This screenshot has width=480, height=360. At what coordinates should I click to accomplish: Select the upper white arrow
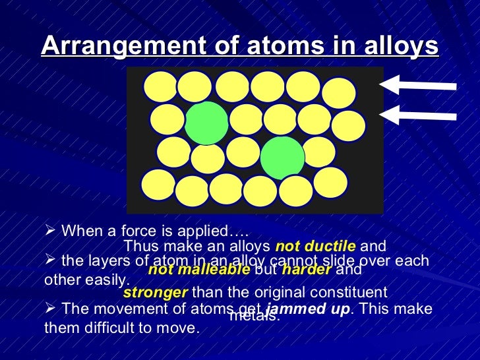tap(418, 84)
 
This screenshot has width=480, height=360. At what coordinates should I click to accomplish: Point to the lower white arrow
tap(418, 115)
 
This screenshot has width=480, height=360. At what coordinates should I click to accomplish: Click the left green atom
tap(206, 123)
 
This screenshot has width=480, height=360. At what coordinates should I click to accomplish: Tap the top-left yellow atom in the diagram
tap(161, 88)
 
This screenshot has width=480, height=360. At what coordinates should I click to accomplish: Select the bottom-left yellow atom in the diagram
tap(158, 187)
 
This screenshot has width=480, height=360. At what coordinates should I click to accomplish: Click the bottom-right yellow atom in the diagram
tap(329, 184)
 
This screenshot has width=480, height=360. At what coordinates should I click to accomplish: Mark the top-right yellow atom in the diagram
tap(340, 94)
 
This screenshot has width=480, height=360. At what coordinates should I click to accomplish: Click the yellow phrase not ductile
tap(316, 247)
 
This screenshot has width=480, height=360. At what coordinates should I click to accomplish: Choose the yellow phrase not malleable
tap(199, 270)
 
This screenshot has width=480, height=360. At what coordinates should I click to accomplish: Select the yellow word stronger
tap(155, 291)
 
